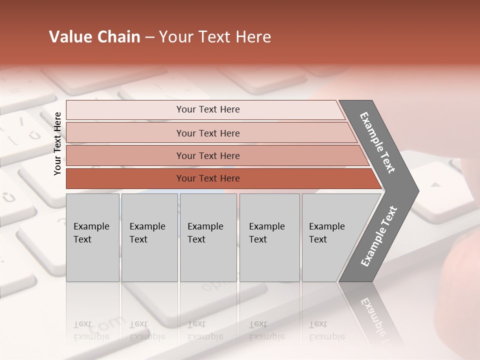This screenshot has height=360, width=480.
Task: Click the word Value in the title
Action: coord(69,37)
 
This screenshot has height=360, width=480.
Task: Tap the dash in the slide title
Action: coord(149,37)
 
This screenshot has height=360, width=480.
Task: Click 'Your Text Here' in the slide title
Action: coord(215,37)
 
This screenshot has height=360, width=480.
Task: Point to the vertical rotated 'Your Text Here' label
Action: coord(57,143)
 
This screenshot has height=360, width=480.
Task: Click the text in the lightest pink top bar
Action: coord(208,109)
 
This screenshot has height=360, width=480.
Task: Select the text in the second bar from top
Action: coord(208,133)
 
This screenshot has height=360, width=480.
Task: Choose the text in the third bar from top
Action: coord(208,155)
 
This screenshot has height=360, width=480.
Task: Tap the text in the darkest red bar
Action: coord(208,178)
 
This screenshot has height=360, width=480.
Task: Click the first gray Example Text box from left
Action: coord(92,237)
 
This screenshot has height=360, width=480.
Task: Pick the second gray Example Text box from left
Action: coord(149,237)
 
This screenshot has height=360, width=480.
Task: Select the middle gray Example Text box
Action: coord(208,237)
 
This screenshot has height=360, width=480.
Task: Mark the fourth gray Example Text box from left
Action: coord(269,237)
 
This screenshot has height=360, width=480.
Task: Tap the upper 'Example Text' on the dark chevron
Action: coord(378,142)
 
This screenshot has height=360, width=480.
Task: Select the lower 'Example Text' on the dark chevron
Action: coord(379,236)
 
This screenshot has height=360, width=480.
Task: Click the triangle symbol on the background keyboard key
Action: coord(436,184)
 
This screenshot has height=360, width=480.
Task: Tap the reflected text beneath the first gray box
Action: coord(91,330)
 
